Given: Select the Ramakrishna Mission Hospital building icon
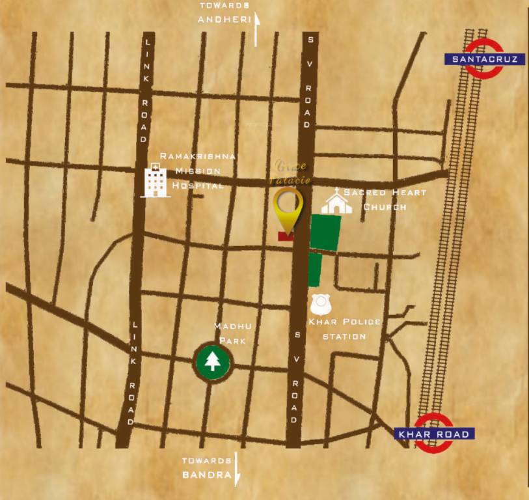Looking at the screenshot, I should click(x=154, y=180).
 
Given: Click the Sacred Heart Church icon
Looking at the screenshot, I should click(x=336, y=201).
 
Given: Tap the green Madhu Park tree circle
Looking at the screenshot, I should click(x=212, y=361).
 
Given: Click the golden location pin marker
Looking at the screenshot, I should click(x=288, y=206).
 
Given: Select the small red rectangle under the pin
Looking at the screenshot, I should click(x=285, y=236).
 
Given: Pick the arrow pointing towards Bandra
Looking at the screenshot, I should click(x=237, y=469).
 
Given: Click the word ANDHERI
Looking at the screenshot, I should click(x=224, y=20).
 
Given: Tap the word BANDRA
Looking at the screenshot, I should click(x=206, y=475).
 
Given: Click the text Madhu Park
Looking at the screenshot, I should click(x=235, y=333).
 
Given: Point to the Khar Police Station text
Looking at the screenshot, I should click(x=344, y=329).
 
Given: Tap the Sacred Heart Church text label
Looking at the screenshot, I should click(x=385, y=199).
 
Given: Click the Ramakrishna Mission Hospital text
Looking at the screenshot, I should click(x=197, y=171).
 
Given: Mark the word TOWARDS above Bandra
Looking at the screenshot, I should click(x=206, y=460).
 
